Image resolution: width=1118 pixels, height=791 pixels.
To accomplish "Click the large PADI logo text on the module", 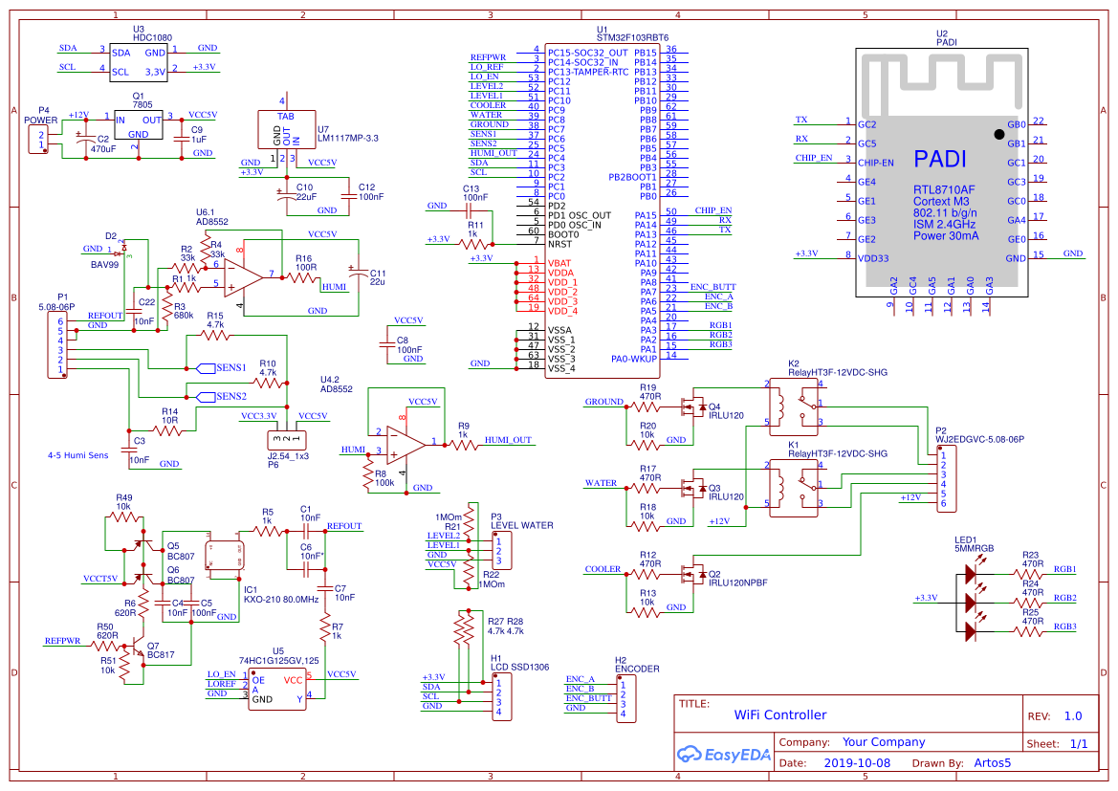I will point(939,159).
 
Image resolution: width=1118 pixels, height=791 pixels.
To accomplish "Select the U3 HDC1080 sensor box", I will point(138,60).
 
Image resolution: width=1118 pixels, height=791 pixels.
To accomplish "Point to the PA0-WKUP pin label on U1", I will point(634,359).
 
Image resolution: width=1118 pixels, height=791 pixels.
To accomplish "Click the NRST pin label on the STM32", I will point(559,244).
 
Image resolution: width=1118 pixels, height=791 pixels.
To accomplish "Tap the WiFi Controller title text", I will point(779,714).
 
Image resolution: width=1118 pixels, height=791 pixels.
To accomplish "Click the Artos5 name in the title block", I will point(992,763).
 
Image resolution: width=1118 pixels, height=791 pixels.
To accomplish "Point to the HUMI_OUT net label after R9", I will point(508,440).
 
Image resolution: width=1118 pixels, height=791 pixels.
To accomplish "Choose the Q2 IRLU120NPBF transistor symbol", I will point(686,575).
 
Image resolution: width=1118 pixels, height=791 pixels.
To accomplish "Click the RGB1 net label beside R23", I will point(1065,569).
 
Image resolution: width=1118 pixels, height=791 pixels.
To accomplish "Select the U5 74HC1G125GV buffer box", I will point(277,688).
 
